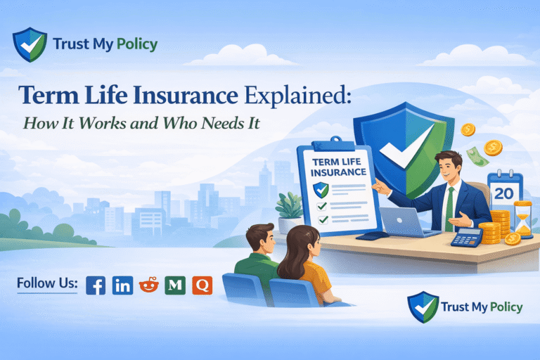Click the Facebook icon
coord(96,285)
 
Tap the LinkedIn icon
coord(122,285)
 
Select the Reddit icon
coord(149,285)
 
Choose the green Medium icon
coord(175,285)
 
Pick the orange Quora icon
coord(202,285)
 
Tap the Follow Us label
coord(47,284)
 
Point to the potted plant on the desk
coord(289,208)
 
